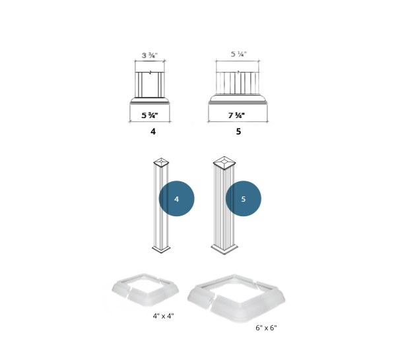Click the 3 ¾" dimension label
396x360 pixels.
(150, 55)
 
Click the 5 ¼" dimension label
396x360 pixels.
(239, 54)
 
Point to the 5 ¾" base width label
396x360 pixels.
(150, 115)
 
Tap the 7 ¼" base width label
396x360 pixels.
(237, 115)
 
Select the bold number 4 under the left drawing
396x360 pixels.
(153, 131)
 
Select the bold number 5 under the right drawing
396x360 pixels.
(238, 131)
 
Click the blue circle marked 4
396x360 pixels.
(176, 198)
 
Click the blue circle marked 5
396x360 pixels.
(243, 198)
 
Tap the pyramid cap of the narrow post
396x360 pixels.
(161, 162)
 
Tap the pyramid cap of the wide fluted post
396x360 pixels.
(224, 163)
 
